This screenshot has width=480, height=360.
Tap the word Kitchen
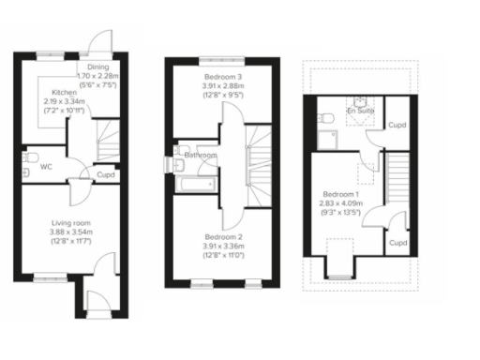coord(64,93)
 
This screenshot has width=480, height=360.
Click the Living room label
coord(71,223)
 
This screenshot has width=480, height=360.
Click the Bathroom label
coord(201,155)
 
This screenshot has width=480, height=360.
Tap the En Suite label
coord(359,112)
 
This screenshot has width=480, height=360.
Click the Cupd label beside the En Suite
coord(397,126)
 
